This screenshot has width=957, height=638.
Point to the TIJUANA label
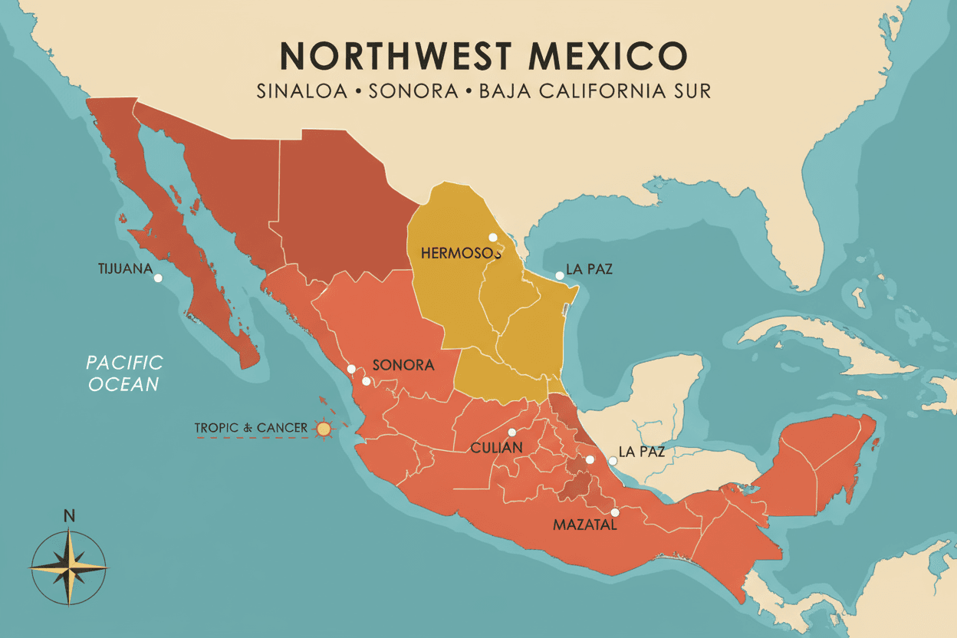click(x=125, y=269)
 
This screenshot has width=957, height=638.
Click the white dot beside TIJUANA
click(x=158, y=278)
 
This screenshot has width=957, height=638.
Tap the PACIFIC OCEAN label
click(x=124, y=373)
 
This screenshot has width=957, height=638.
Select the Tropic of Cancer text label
click(x=251, y=428)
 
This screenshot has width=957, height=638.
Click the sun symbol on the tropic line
click(x=324, y=429)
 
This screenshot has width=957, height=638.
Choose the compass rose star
click(x=69, y=567)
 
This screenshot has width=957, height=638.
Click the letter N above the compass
click(x=69, y=516)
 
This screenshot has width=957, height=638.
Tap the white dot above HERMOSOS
click(x=493, y=237)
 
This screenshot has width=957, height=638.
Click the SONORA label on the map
click(x=403, y=365)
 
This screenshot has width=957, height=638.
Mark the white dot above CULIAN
click(x=511, y=432)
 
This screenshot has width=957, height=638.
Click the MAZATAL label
click(x=584, y=525)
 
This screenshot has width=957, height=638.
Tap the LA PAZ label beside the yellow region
click(x=589, y=270)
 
